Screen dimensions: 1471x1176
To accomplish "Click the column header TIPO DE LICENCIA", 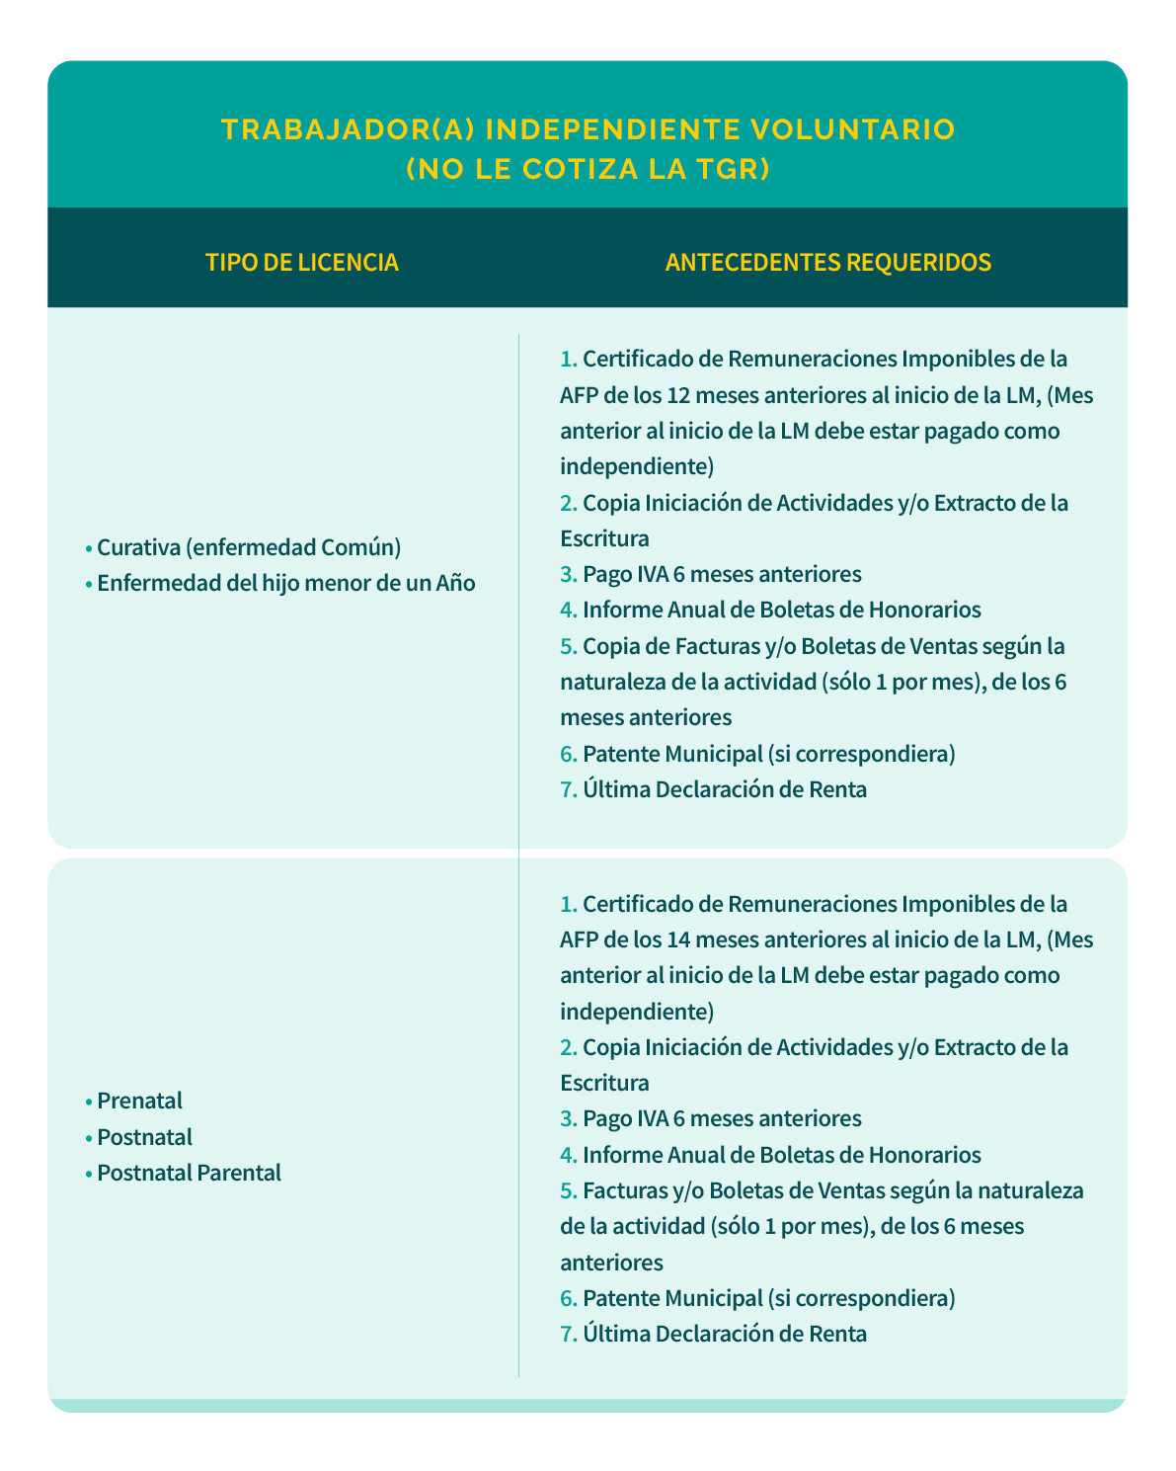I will click(301, 263).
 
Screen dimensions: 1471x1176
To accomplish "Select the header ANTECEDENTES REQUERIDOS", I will click(827, 263).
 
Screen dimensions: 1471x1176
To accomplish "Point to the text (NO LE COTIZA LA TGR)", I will click(588, 170).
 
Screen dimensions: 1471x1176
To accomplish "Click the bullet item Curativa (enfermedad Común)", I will click(248, 547).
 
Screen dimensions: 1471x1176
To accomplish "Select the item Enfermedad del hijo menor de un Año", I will click(285, 583).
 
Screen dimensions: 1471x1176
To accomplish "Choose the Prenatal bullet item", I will click(139, 1101).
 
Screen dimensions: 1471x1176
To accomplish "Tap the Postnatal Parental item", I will click(189, 1173).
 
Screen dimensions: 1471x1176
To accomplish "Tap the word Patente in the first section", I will click(621, 754).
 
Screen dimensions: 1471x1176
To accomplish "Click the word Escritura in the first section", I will click(604, 538).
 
